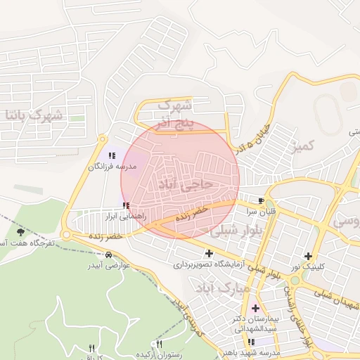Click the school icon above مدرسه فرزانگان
click(110, 155)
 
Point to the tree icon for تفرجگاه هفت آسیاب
click(20, 232)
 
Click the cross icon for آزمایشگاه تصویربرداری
click(210, 253)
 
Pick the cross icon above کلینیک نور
click(307, 256)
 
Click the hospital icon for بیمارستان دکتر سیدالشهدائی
click(255, 308)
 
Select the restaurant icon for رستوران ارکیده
click(160, 344)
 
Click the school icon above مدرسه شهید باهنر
click(251, 342)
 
